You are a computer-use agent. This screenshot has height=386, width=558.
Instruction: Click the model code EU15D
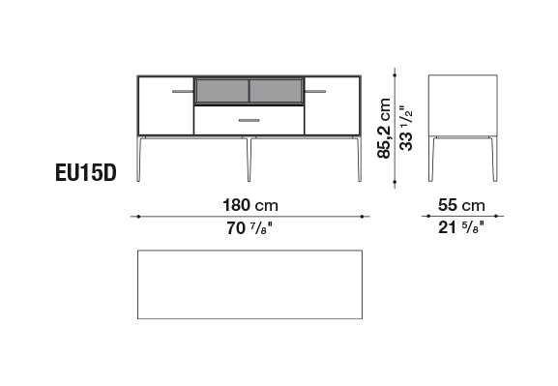pos(86,173)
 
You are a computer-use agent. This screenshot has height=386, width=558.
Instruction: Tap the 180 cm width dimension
pos(250,205)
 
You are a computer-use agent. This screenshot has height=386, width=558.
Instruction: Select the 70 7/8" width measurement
pos(250,228)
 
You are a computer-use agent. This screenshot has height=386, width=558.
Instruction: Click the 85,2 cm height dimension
pos(384,128)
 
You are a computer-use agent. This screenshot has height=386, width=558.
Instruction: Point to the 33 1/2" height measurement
pos(406,128)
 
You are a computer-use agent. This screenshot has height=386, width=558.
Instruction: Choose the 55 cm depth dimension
pos(461,205)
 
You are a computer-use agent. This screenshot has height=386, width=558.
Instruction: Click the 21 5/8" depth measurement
pos(461,227)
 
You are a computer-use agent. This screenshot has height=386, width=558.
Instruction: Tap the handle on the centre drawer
pos(250,120)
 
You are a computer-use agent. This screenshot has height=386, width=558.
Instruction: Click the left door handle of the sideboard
pos(183,92)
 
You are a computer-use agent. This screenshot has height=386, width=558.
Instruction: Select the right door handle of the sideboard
pos(315,92)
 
